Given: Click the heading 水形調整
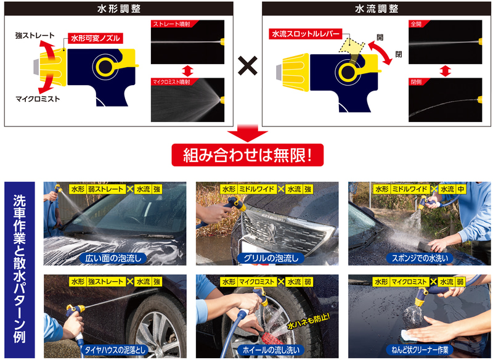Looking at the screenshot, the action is tap(119, 9).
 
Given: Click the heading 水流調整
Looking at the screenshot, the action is tap(377, 9).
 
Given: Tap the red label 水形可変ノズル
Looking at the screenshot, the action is tap(96, 38).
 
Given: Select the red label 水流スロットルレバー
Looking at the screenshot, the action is tap(305, 34).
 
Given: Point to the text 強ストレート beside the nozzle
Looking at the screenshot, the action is tap(35, 36).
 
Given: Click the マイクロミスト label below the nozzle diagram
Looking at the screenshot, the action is tap(38, 99).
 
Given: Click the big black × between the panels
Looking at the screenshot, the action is tap(248, 66).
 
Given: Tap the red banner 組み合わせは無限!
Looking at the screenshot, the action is tap(248, 155).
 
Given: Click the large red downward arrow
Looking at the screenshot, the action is tap(248, 133).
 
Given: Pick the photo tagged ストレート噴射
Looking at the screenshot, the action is tap(188, 42).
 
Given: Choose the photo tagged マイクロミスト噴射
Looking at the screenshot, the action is tap(188, 100).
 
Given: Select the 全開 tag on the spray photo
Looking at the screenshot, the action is tap(417, 24).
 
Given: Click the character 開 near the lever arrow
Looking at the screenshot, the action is tap(380, 37).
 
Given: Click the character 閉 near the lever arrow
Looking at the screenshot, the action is tap(398, 54).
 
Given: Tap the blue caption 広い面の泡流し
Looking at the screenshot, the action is tap(113, 258).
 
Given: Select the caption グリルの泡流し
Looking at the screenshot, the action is tap(271, 258).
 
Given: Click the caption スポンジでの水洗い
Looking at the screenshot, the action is tap(420, 258).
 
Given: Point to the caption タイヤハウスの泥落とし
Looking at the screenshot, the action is tap(115, 350).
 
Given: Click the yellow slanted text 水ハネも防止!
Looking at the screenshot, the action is tap(309, 321).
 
